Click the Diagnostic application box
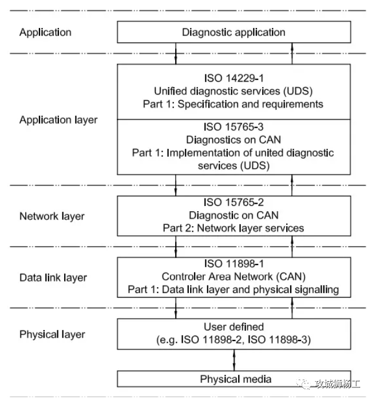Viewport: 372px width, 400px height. [234, 32]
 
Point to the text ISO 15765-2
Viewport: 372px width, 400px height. [234, 202]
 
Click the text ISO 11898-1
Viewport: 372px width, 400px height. [234, 263]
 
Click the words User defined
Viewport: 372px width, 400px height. [234, 327]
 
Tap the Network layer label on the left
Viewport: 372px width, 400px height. [52, 216]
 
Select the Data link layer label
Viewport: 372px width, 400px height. [53, 278]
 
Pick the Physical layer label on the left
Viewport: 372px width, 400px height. [52, 334]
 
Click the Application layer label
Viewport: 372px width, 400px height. [58, 120]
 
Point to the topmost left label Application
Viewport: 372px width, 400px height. [45, 32]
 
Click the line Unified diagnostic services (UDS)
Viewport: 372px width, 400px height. [234, 91]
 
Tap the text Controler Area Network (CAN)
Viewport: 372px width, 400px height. [234, 276]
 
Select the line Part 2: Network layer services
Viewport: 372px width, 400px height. [234, 228]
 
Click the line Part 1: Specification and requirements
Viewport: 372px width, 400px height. [234, 104]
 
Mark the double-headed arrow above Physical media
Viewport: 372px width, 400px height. [234, 360]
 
